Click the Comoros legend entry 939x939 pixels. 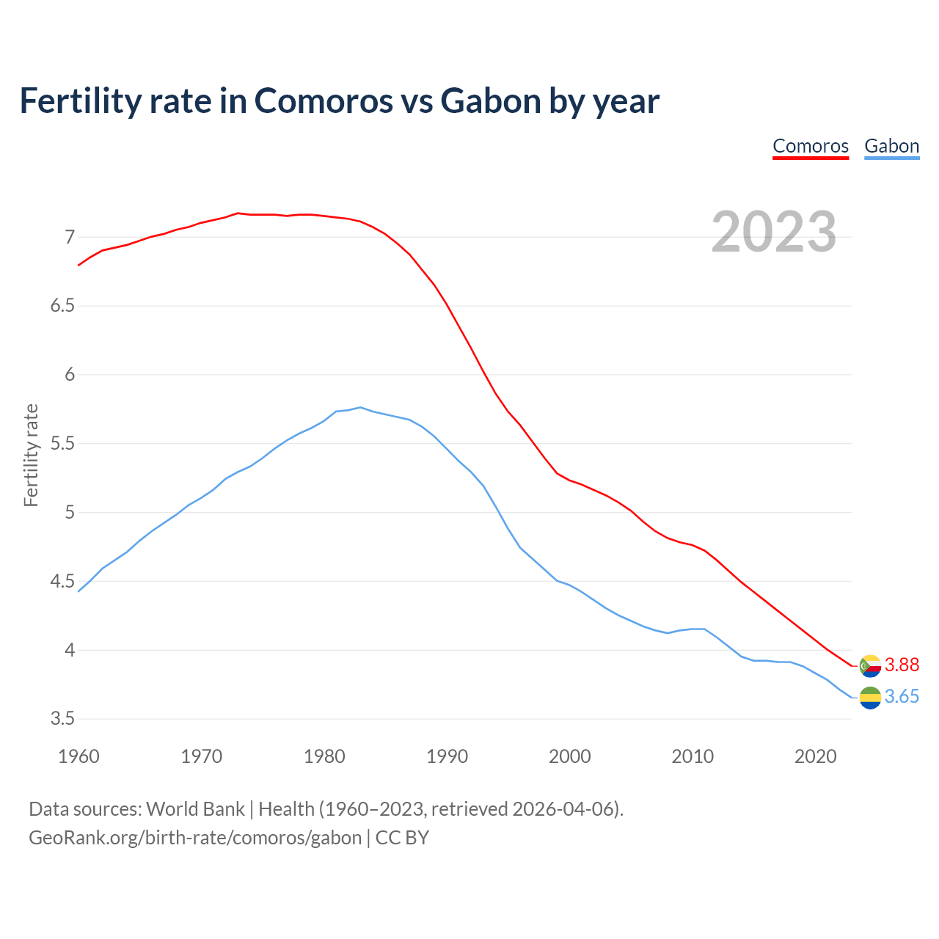811,146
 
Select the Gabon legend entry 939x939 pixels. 891,146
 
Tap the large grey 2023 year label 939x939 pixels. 774,232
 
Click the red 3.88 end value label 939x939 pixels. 902,665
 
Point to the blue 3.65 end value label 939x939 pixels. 902,696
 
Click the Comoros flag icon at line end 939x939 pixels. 870,666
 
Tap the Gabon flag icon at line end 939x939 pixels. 870,698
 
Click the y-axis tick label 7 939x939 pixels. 70,237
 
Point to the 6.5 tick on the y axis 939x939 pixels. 63,306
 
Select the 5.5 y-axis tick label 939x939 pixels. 63,444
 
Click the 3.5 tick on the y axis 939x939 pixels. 63,719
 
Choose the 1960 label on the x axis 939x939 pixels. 78,756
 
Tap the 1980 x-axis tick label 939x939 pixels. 324,756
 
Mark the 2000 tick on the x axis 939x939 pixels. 570,756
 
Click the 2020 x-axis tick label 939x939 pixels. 816,756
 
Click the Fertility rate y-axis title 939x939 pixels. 31,455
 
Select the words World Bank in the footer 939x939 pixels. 195,809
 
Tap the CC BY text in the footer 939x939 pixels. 402,838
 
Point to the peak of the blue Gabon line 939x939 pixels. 360,407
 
